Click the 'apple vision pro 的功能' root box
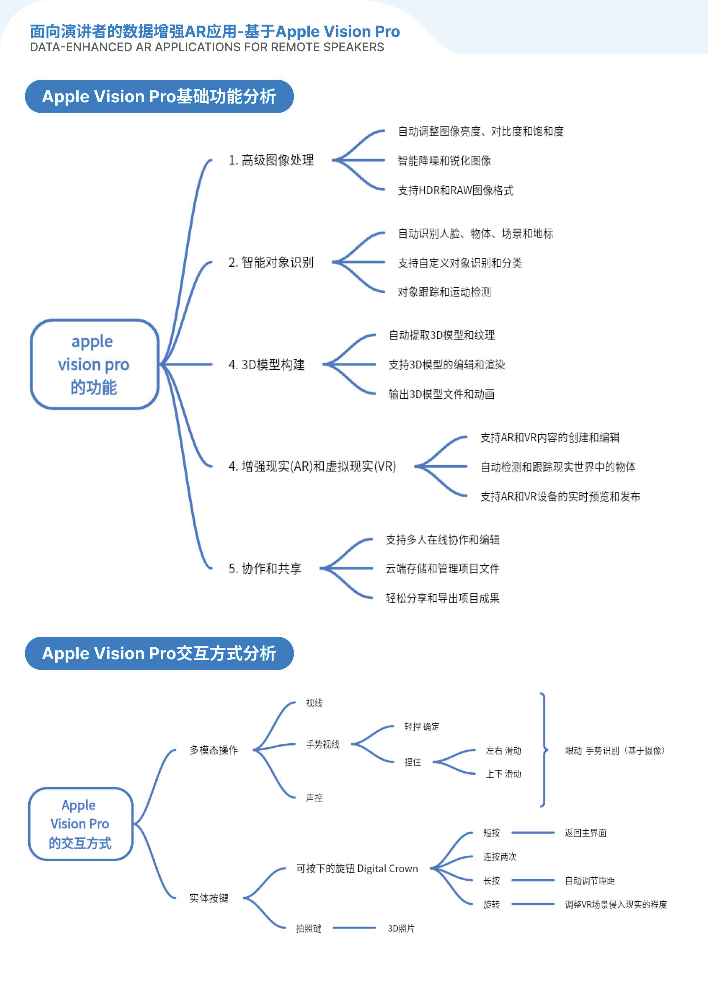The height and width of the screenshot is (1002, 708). tap(94, 364)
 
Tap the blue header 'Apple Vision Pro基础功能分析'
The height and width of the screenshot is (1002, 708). tap(159, 96)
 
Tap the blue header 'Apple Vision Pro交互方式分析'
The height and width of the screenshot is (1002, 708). tap(159, 653)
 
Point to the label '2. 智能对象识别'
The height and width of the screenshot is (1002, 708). tap(271, 262)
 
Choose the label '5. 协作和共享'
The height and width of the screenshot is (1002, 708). tap(265, 568)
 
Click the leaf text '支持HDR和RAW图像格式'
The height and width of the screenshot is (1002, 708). tap(455, 190)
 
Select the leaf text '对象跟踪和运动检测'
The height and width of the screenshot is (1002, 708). tap(444, 292)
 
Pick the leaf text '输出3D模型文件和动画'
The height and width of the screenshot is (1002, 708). tap(441, 394)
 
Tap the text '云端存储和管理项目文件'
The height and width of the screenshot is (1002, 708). tap(442, 568)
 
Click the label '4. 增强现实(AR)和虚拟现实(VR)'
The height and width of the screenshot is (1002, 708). tap(312, 466)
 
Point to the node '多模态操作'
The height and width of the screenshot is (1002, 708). tap(214, 750)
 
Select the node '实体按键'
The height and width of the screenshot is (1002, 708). tap(209, 898)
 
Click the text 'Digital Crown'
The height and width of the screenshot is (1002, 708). tap(387, 868)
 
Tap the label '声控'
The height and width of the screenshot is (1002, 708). tap(314, 798)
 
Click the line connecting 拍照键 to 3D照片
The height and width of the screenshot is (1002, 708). tap(354, 928)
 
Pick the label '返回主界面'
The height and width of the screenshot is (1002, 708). tap(585, 833)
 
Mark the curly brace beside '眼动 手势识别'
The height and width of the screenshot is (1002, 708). tap(543, 750)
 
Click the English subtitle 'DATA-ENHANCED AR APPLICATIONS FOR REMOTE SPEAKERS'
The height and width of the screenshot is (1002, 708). tap(207, 47)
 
